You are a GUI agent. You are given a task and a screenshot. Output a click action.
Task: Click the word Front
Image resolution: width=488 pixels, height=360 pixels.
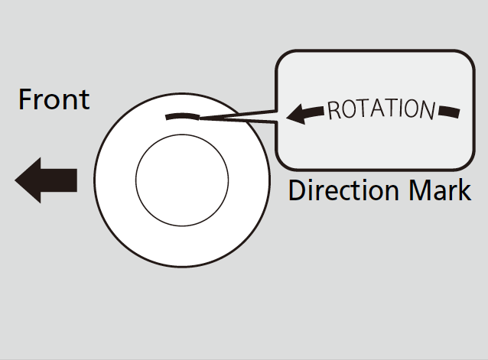54,99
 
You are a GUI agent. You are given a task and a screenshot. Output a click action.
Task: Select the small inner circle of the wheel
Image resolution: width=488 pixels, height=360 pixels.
181,181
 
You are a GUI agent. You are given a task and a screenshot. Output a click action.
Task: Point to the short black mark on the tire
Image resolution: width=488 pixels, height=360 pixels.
182,116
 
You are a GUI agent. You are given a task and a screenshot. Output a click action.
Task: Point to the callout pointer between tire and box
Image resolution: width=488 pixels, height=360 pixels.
237,118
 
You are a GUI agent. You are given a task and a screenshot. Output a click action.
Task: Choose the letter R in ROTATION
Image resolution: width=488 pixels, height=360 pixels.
333,112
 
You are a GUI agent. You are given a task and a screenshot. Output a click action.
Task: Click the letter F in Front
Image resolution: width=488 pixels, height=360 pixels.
25,99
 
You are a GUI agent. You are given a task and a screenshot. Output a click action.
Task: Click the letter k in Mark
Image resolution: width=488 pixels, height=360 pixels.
465,190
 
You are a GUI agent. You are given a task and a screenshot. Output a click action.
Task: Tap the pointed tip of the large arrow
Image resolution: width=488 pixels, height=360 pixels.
17,180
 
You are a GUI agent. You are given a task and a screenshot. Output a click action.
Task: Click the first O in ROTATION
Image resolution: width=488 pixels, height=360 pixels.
349,110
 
